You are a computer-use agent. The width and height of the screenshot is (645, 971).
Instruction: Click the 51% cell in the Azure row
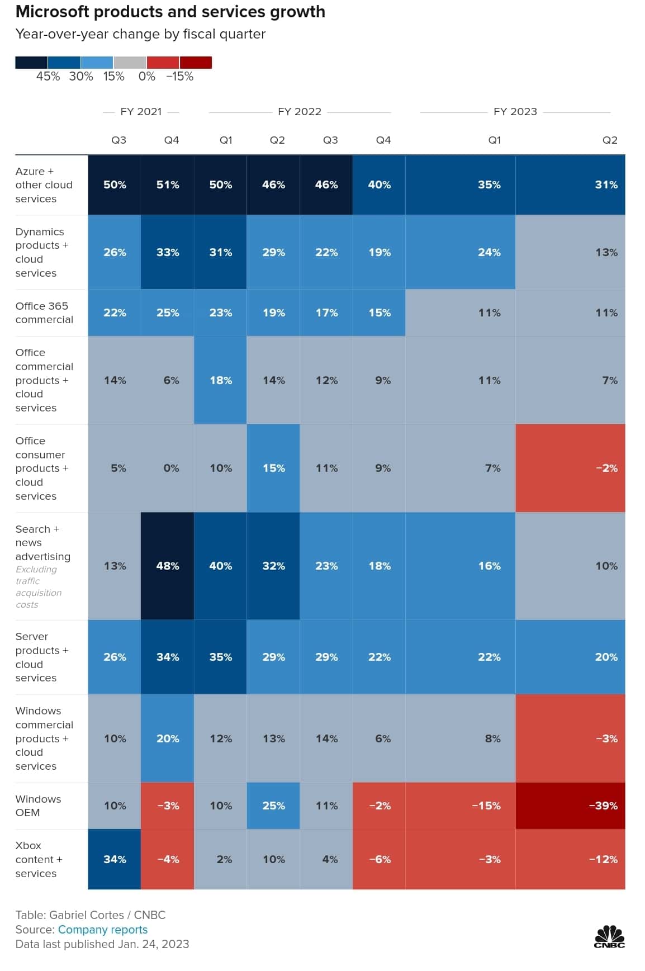[168, 185]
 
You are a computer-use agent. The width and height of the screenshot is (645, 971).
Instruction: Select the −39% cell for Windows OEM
[570, 806]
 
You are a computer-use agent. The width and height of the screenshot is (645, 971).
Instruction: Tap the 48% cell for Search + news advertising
[168, 566]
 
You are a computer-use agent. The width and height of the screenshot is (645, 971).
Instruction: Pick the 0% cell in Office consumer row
[168, 468]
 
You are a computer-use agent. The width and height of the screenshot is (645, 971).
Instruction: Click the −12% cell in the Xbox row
[570, 859]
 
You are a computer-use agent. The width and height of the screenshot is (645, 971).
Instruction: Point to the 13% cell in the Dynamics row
[570, 252]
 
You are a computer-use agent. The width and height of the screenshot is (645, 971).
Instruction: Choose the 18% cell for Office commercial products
[220, 380]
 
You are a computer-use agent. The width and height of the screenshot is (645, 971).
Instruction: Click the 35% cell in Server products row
[220, 657]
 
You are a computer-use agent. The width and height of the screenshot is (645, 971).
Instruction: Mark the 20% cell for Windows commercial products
[168, 738]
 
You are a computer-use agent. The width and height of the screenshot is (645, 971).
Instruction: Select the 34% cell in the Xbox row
[115, 859]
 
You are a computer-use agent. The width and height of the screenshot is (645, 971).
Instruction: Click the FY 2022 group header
[300, 112]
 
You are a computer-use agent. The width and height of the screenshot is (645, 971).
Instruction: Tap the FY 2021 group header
[141, 112]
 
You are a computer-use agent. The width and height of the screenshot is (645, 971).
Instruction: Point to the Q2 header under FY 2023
[610, 140]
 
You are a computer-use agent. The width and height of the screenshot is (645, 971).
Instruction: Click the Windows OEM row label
[38, 806]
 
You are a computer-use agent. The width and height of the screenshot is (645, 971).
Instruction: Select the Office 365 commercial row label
[44, 312]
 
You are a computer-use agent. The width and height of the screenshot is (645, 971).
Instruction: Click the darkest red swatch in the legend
[196, 62]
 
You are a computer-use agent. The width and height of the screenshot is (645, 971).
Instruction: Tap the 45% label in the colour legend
[48, 77]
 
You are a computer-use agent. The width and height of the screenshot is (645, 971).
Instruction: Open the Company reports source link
[103, 929]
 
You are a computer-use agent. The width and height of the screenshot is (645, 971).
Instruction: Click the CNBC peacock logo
[609, 936]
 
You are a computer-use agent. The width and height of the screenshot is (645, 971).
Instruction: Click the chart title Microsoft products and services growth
[170, 12]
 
